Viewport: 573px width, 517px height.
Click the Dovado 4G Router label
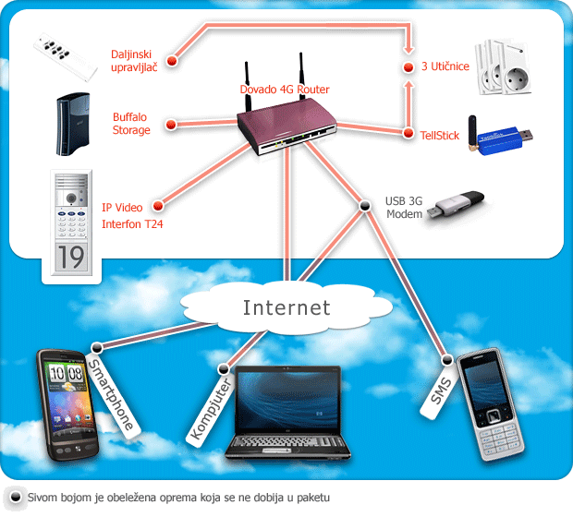(x=285, y=90)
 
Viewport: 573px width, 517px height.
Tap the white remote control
(x=66, y=57)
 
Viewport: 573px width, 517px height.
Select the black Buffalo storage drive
(x=73, y=124)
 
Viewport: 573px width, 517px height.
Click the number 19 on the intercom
(x=71, y=257)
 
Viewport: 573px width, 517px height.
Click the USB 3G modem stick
(x=456, y=205)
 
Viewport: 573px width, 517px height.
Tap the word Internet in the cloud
(x=286, y=307)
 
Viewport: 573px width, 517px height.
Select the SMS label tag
(x=440, y=391)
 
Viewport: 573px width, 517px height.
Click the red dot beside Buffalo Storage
(x=171, y=125)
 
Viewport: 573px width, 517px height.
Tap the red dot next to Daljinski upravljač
(x=172, y=60)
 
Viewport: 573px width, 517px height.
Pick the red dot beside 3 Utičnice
(x=408, y=67)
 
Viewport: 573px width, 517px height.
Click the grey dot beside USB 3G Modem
(x=364, y=206)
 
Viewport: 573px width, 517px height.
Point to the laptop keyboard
(x=287, y=442)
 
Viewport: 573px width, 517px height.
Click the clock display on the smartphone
(x=67, y=374)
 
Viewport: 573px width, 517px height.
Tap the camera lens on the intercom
(x=71, y=198)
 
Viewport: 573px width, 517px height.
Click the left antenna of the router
(x=248, y=87)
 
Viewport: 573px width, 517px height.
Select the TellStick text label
(x=439, y=136)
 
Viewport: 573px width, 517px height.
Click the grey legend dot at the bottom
(x=16, y=497)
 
